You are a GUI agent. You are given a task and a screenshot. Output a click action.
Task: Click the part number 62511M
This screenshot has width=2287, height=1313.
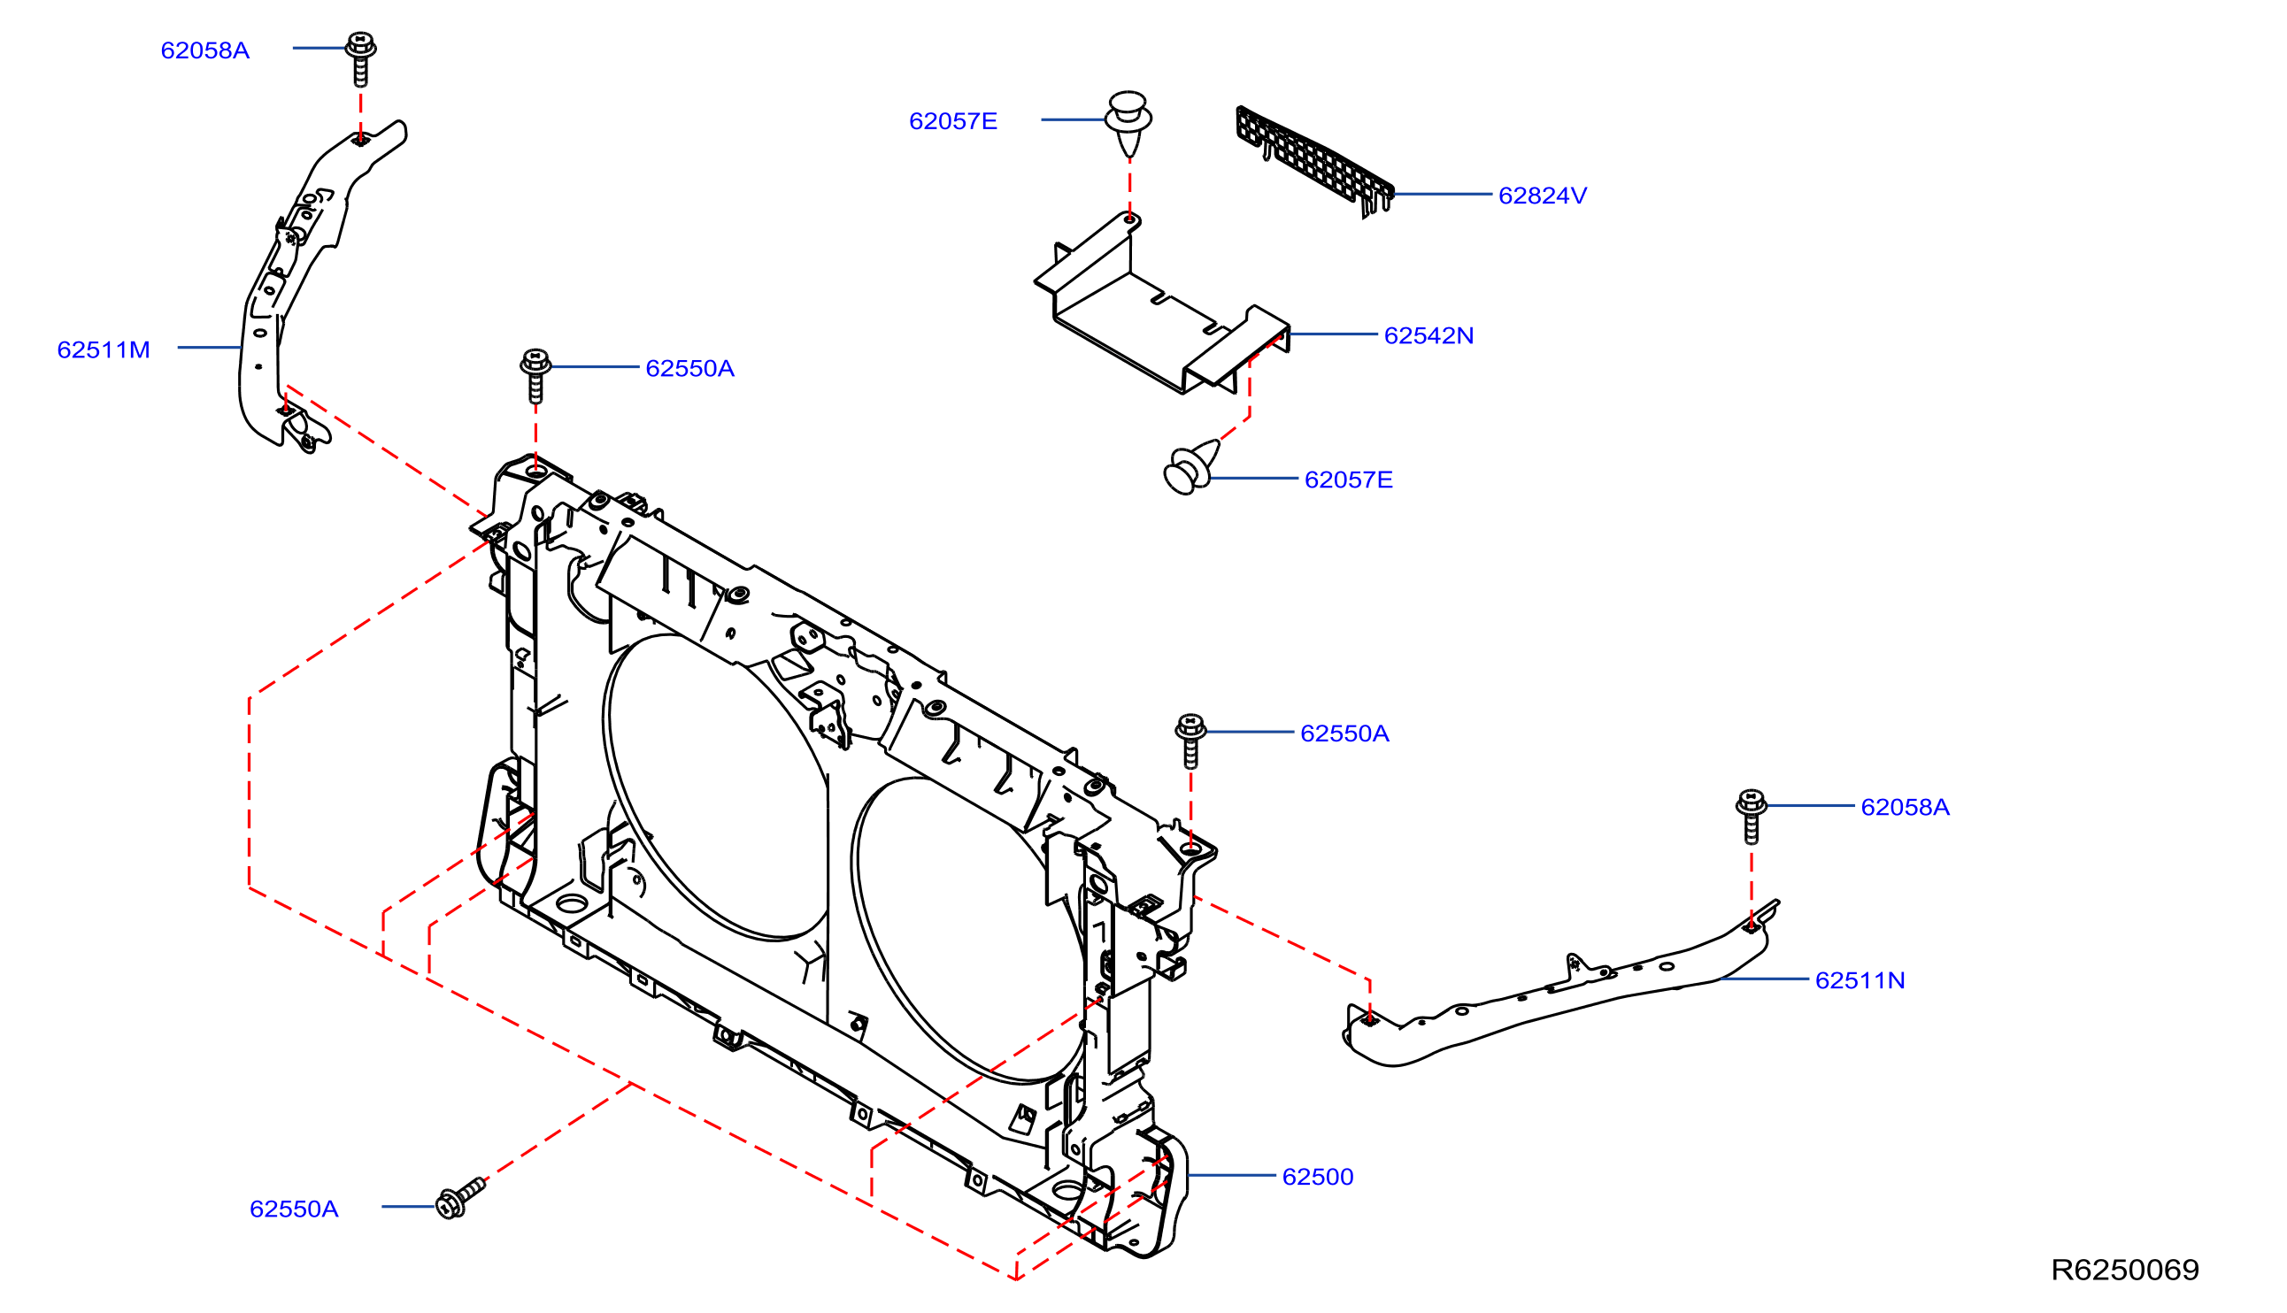tap(104, 349)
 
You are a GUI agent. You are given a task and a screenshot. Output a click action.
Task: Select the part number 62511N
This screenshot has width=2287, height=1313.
tap(1860, 980)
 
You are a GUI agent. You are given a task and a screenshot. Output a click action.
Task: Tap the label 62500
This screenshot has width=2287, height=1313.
tap(1318, 1177)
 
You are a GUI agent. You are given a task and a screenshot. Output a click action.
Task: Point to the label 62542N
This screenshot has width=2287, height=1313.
tap(1428, 335)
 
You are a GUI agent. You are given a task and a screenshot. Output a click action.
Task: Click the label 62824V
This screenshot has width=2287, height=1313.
tap(1542, 196)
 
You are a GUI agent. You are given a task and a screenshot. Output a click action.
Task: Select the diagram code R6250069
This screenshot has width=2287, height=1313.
tap(2125, 1270)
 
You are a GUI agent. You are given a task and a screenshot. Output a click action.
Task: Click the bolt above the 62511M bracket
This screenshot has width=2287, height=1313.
tap(361, 59)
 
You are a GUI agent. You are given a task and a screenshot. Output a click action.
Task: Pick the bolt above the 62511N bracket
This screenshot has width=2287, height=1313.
tap(1752, 816)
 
